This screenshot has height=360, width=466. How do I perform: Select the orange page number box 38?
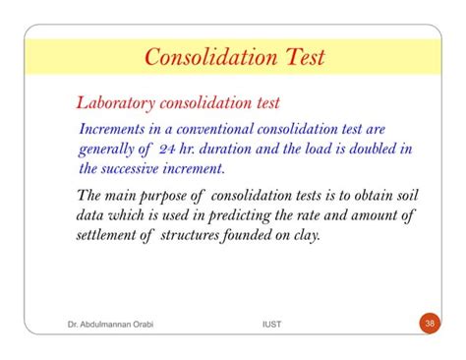pos(429,322)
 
